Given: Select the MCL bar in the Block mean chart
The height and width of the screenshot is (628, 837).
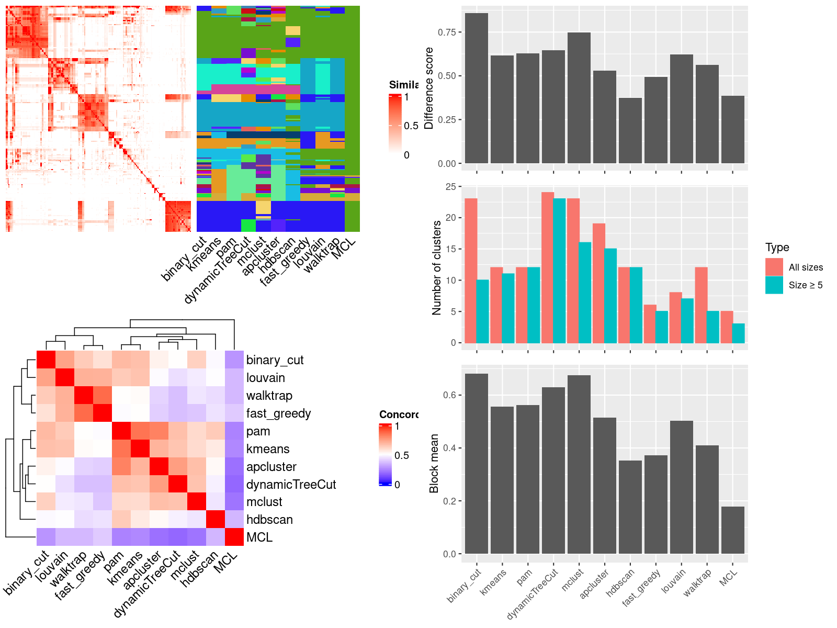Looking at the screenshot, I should pos(732,530).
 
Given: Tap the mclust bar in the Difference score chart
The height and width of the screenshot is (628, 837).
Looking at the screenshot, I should pos(579,98).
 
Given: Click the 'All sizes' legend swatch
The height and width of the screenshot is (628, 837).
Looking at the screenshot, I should pos(774,267).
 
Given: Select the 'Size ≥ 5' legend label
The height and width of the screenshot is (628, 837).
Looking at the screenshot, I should pos(805,285).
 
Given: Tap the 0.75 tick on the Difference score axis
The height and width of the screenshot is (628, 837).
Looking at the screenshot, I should pos(447,32).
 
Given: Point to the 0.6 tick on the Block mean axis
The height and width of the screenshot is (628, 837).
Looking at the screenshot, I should pos(449,395).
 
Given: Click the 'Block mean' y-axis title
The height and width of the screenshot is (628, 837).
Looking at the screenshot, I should pos(434,463).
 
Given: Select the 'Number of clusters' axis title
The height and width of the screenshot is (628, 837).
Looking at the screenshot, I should pos(436,267).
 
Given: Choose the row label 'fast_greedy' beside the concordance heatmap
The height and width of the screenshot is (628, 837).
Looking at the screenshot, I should pos(278,413).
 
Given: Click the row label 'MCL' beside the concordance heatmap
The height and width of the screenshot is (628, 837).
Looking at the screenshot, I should pos(259,537).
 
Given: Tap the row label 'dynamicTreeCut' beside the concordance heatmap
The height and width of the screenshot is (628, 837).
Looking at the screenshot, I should pos(291,485).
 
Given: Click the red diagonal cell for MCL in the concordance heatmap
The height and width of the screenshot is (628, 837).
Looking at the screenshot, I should pos(234,537).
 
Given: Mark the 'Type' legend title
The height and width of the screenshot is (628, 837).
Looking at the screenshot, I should pos(777,248).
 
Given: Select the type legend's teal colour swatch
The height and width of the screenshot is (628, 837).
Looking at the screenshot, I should pos(774,285).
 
